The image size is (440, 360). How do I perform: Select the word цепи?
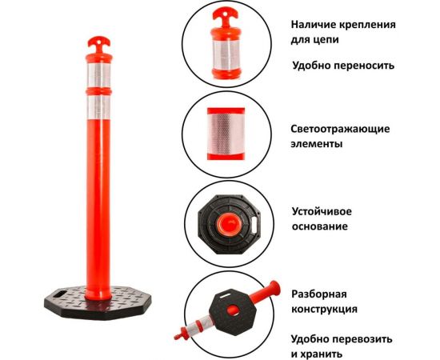click(329, 41)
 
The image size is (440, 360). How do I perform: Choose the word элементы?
click(318, 146)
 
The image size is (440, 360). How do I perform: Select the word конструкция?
click(324, 309)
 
